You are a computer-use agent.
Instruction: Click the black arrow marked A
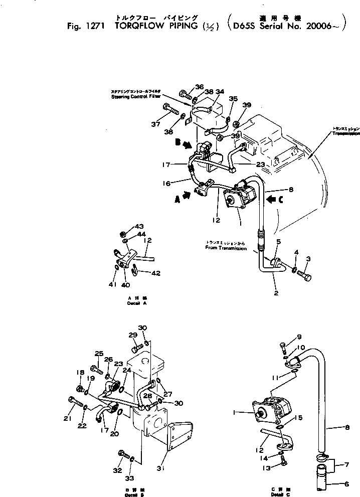[x=181, y=197]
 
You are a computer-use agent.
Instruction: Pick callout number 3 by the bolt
[x=308, y=259]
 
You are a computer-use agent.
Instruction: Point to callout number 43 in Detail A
[x=125, y=227]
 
